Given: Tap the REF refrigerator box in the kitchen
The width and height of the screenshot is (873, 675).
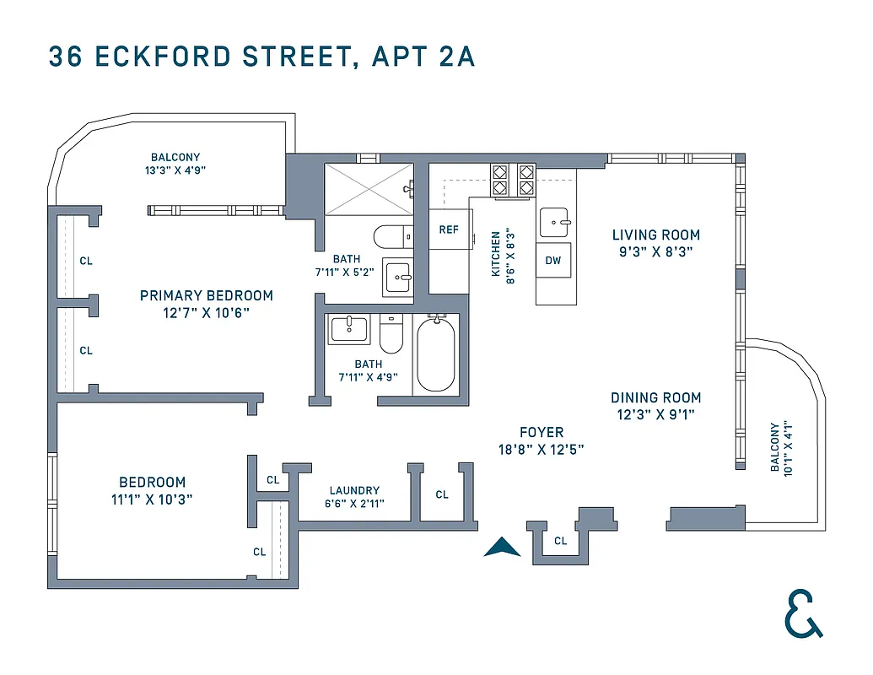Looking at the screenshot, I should pos(449,229).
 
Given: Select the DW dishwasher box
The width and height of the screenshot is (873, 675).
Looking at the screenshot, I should pos(552,261).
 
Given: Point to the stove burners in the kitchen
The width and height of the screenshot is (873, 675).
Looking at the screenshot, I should pos(513,179).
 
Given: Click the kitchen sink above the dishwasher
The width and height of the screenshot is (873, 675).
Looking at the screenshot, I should pos(555,223).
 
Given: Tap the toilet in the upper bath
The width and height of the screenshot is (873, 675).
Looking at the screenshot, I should pos(391,236).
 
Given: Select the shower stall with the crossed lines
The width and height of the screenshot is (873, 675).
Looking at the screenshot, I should pos(368,189).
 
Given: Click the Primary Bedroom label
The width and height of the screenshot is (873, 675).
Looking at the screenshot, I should pos(207,295).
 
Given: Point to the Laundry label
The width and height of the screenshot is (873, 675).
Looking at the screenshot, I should pos(354,490).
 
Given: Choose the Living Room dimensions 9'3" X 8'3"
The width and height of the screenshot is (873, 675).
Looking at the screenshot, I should pos(656,251).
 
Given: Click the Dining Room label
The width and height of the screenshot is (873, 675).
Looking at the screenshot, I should pos(655,397).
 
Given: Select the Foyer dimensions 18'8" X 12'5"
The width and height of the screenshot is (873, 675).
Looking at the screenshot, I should pos(541,450).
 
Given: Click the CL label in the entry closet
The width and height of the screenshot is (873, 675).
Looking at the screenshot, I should pos(561,541).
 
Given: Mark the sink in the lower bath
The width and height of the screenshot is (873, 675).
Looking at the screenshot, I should pos(349,328).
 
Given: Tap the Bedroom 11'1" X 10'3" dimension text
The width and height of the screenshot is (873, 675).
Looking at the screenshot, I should pos(152,499).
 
